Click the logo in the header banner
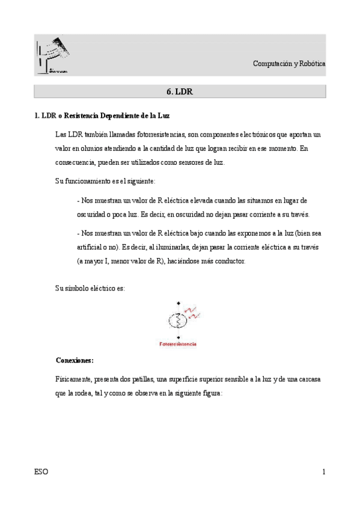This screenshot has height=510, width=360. pyautogui.click(x=52, y=55)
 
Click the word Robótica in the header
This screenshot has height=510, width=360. pyautogui.click(x=313, y=64)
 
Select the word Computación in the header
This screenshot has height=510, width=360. pyautogui.click(x=271, y=64)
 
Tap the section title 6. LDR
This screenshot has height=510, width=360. pyautogui.click(x=178, y=92)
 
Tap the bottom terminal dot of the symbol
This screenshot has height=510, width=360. pyautogui.click(x=178, y=337)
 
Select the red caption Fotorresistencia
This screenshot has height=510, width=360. pyautogui.click(x=178, y=345)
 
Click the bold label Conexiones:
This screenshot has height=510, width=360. pyautogui.click(x=74, y=361)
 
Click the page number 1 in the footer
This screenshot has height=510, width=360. pyautogui.click(x=323, y=472)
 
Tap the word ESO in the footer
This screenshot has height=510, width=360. pyautogui.click(x=41, y=472)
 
